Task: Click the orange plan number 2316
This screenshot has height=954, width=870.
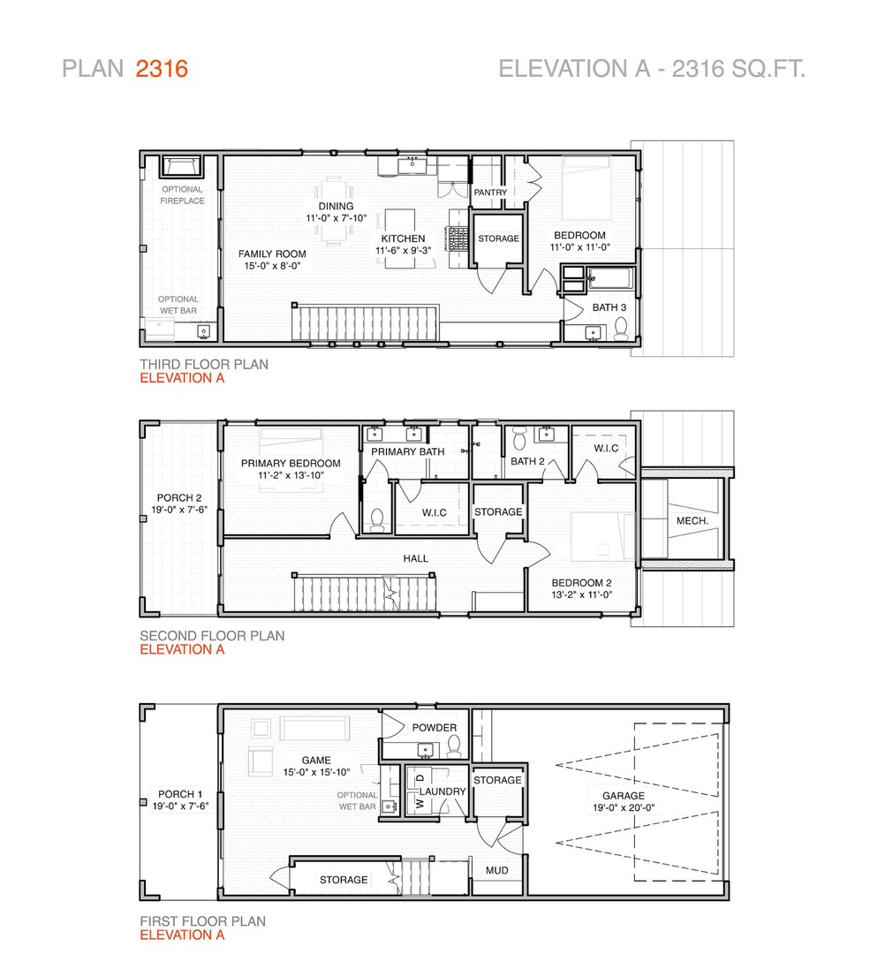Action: [x=162, y=69]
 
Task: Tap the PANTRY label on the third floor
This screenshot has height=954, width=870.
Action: [x=490, y=193]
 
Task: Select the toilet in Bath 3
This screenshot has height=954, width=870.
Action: [x=621, y=329]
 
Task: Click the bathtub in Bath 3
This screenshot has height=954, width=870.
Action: [x=611, y=279]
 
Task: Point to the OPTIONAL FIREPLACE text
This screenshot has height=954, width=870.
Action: [x=182, y=195]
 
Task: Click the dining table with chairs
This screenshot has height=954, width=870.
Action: [x=334, y=210]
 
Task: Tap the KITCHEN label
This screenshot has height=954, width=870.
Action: [x=403, y=238]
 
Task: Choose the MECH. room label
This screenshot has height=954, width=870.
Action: [x=692, y=521]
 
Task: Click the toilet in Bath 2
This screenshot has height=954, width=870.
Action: [x=519, y=437]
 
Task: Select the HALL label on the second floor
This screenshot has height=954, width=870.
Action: [x=415, y=558]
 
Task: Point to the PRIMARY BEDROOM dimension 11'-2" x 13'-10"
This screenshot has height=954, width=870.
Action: [x=291, y=475]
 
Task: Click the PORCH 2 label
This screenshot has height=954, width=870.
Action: [x=179, y=497]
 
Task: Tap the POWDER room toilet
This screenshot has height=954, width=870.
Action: [x=454, y=746]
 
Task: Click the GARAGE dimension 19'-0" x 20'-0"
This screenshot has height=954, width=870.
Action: [x=624, y=808]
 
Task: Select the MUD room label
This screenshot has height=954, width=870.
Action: [x=496, y=871]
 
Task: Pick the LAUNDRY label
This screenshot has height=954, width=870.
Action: [x=443, y=791]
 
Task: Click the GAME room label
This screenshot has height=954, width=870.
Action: [x=316, y=761]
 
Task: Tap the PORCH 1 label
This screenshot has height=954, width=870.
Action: [x=180, y=794]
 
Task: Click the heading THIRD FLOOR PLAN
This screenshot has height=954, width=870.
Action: [x=204, y=365]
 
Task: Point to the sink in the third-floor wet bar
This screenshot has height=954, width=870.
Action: [x=203, y=331]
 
